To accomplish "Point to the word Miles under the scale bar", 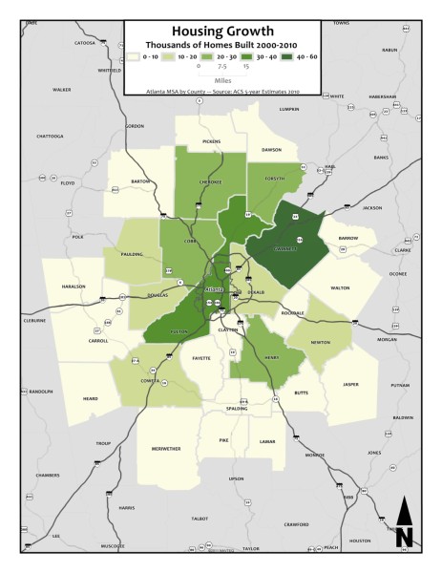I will (221, 81).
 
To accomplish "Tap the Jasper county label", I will (351, 384).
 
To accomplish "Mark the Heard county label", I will (90, 399).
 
